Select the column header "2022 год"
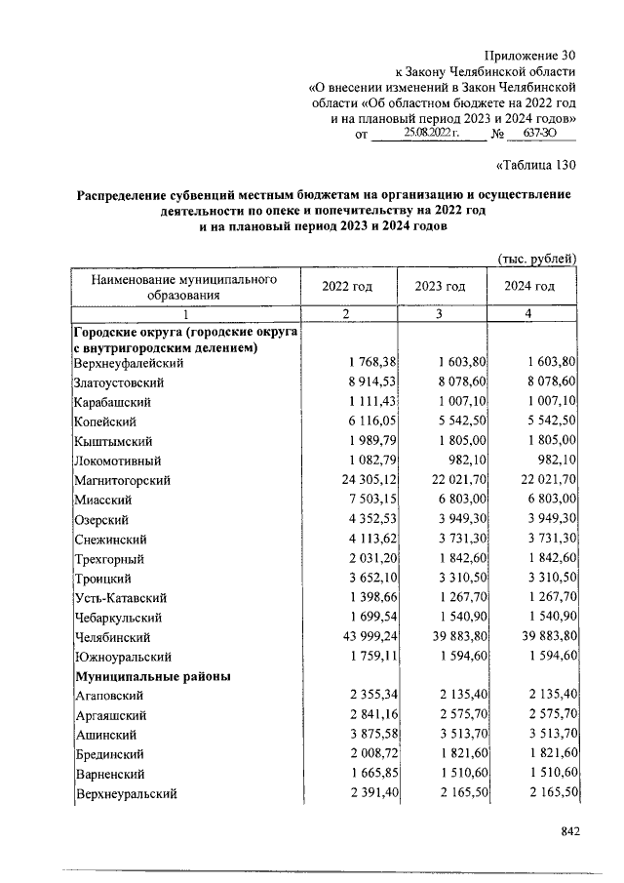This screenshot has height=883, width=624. tap(348, 286)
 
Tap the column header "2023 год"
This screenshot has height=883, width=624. tap(440, 286)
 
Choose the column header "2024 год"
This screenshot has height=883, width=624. tap(530, 286)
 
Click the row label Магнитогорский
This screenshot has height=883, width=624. tap(123, 480)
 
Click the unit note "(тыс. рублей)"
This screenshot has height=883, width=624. tap(537, 258)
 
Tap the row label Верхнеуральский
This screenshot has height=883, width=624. tap(125, 793)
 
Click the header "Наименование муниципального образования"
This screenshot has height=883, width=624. tap(184, 286)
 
